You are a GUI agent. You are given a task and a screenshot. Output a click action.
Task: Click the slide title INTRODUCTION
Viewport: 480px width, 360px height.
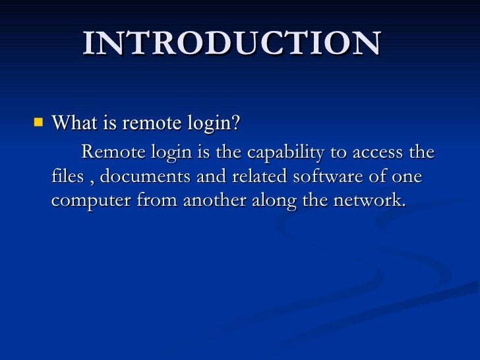pos(232,44)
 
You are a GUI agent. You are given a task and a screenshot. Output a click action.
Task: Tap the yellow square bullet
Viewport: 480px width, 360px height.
pos(38,122)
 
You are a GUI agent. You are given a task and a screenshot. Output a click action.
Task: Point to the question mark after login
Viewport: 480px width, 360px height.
pos(235,123)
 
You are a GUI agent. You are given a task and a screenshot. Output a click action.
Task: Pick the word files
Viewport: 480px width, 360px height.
pos(65,177)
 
